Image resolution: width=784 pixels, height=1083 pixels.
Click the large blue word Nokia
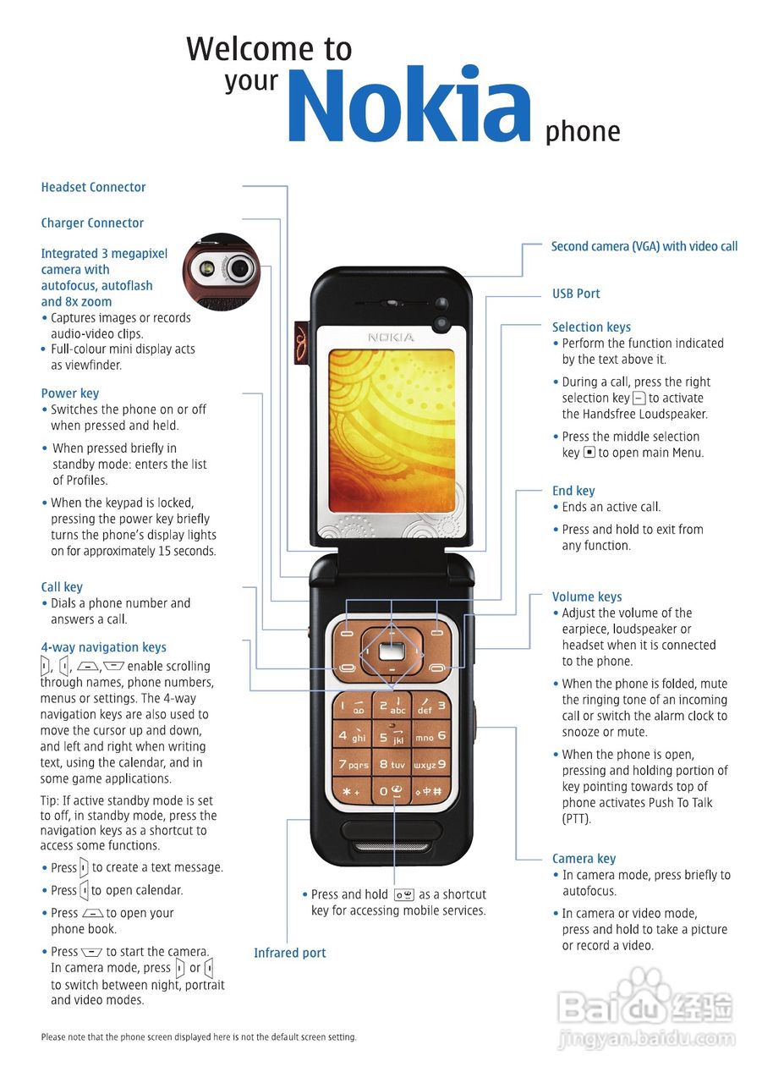409,105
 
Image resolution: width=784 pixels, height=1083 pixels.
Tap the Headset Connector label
93,187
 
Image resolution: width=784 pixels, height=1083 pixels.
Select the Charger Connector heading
92,223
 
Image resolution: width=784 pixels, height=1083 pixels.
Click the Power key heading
69,393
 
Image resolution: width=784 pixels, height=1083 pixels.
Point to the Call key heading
62,587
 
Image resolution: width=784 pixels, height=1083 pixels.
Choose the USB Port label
576,294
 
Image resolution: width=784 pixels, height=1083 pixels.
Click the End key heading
573,491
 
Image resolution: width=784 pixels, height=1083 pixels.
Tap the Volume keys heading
587,596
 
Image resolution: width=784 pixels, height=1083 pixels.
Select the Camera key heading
584,859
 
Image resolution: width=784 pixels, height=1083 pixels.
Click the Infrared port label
289,953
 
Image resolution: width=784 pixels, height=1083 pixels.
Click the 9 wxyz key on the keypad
430,764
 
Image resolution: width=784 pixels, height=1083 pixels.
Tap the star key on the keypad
351,792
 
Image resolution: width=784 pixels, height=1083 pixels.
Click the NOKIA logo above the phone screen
391,338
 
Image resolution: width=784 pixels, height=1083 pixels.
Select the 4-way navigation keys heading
103,648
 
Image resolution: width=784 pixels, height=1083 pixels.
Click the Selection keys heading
591,327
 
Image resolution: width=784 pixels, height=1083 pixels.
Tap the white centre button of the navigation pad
391,651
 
